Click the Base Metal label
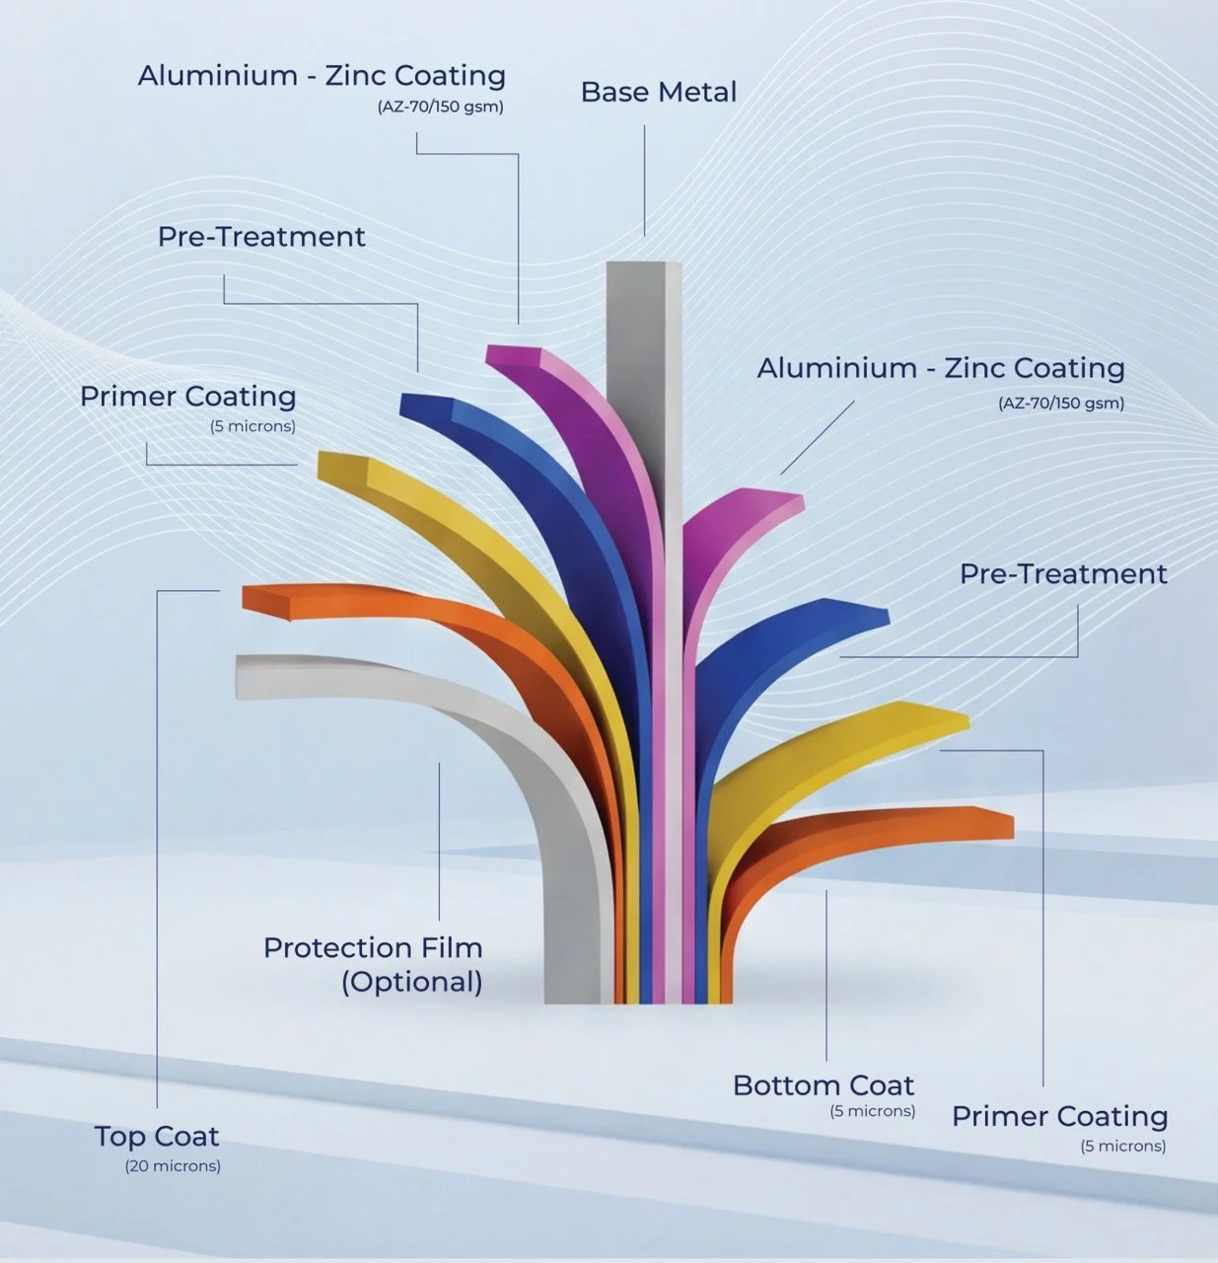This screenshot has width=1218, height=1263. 658,92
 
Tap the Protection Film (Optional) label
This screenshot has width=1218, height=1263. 373,964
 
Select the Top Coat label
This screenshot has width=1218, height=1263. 157,1136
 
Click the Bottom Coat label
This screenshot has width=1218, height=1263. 824,1085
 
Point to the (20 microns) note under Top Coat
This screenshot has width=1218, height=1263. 173,1166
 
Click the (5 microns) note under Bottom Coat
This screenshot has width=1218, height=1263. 873,1111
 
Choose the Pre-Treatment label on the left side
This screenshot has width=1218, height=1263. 261,237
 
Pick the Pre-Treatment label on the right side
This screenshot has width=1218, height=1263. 1063,574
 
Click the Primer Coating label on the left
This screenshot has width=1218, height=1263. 187,397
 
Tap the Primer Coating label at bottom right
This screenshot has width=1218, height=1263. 1059,1116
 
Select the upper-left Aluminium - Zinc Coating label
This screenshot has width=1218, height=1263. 322,76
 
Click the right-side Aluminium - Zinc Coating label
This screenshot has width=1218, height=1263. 941,368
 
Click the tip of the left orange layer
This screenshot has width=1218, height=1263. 264,599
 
